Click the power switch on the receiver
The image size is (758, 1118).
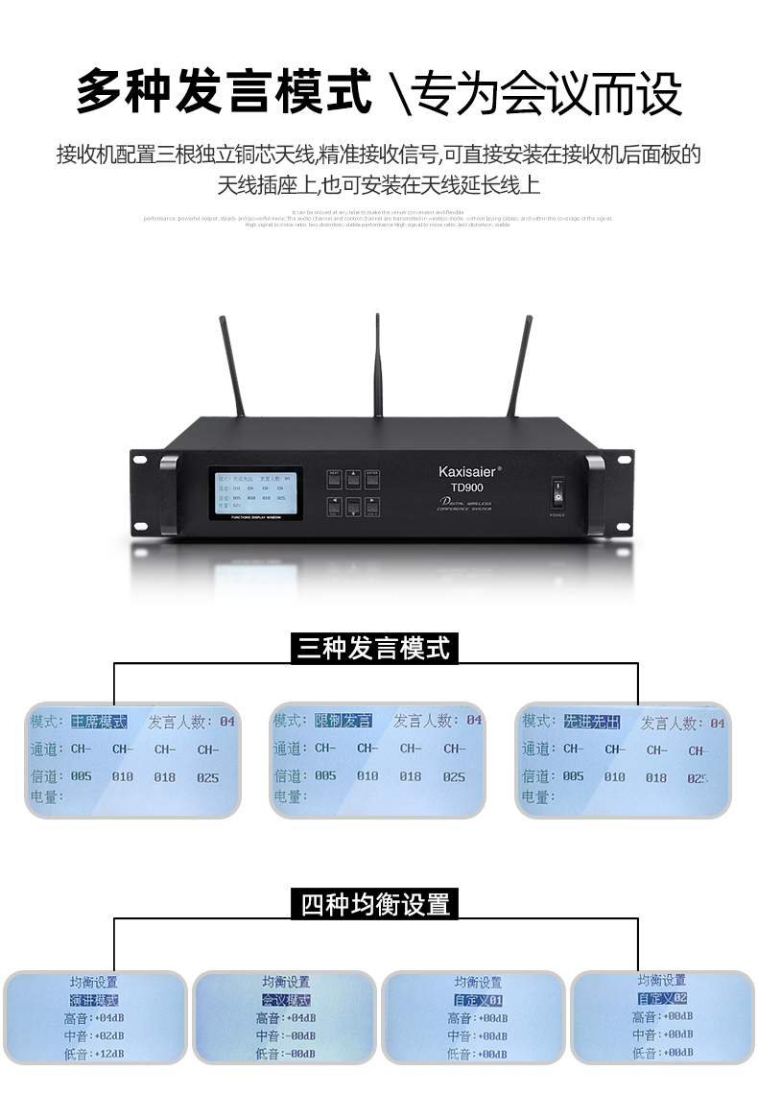(557, 494)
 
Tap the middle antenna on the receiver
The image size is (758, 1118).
(378, 365)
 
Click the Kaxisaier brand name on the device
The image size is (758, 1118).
(469, 471)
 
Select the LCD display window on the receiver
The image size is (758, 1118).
(256, 492)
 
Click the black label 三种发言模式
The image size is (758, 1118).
(374, 649)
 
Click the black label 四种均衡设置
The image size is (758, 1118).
(375, 904)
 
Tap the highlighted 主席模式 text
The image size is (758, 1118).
(99, 721)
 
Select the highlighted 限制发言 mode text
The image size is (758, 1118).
(343, 721)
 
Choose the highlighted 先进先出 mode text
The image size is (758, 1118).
(592, 722)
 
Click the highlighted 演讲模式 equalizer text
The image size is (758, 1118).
(93, 1000)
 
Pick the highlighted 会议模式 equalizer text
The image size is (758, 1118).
(286, 1000)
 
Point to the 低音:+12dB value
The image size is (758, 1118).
(94, 1054)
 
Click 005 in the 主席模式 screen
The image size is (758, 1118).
(81, 775)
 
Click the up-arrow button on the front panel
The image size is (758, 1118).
(353, 476)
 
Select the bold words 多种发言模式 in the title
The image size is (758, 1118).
(224, 93)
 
